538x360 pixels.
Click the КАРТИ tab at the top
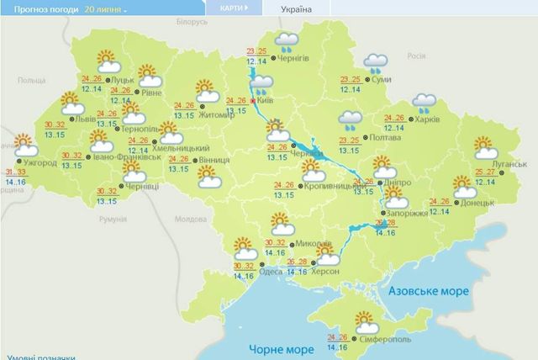233,8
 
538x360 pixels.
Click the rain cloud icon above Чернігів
287,40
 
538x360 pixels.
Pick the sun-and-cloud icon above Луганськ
485,148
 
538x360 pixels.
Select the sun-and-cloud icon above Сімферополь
367,320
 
